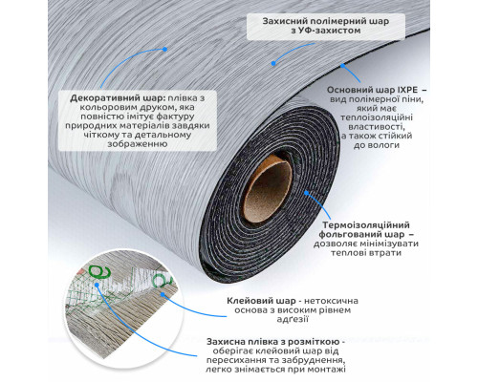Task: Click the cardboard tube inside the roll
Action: [267, 189]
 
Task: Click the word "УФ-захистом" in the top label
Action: [326, 31]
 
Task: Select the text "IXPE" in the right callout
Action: [403, 90]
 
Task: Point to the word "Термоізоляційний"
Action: [366, 225]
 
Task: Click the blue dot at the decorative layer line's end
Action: [164, 50]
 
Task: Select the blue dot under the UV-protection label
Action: [273, 64]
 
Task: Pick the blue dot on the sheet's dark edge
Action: [342, 66]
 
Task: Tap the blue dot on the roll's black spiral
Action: [306, 193]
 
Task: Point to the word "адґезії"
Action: [293, 319]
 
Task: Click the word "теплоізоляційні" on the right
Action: [377, 117]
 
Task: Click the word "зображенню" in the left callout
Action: [138, 144]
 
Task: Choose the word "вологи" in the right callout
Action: [383, 145]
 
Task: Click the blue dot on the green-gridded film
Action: [97, 285]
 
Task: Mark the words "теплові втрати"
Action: [366, 253]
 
